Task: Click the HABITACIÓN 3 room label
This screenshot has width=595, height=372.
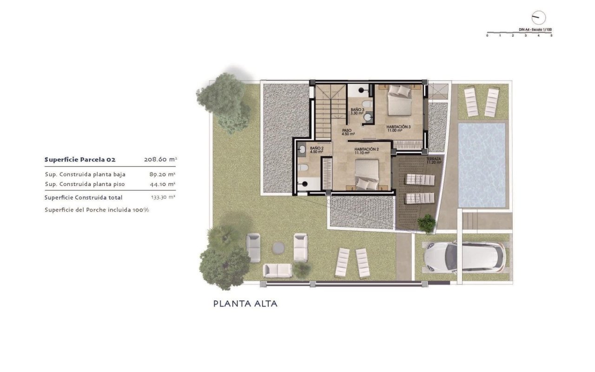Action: click(398, 129)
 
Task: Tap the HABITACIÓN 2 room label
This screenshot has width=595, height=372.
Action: click(366, 151)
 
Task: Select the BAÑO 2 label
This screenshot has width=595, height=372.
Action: click(317, 150)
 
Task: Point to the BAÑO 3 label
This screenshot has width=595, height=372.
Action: click(357, 111)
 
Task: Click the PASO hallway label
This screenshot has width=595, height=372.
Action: click(348, 132)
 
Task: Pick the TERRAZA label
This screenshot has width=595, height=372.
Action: click(434, 160)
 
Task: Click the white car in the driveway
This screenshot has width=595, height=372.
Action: click(465, 257)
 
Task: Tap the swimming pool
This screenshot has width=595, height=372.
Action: click(482, 165)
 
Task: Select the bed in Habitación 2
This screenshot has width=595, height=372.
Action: click(367, 174)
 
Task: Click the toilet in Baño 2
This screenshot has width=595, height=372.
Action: click(303, 167)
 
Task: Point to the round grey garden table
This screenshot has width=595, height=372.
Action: click(278, 248)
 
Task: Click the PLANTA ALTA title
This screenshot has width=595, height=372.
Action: click(245, 304)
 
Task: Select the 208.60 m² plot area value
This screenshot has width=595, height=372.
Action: click(160, 159)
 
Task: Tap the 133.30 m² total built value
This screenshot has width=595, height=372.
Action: click(163, 197)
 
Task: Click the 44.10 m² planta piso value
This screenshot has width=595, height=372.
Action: click(162, 184)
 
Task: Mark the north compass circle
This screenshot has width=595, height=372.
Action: click(539, 18)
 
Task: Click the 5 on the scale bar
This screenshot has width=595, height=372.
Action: click(551, 36)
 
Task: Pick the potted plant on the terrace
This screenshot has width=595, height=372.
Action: click(426, 223)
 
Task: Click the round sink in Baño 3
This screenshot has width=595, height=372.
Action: click(368, 117)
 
